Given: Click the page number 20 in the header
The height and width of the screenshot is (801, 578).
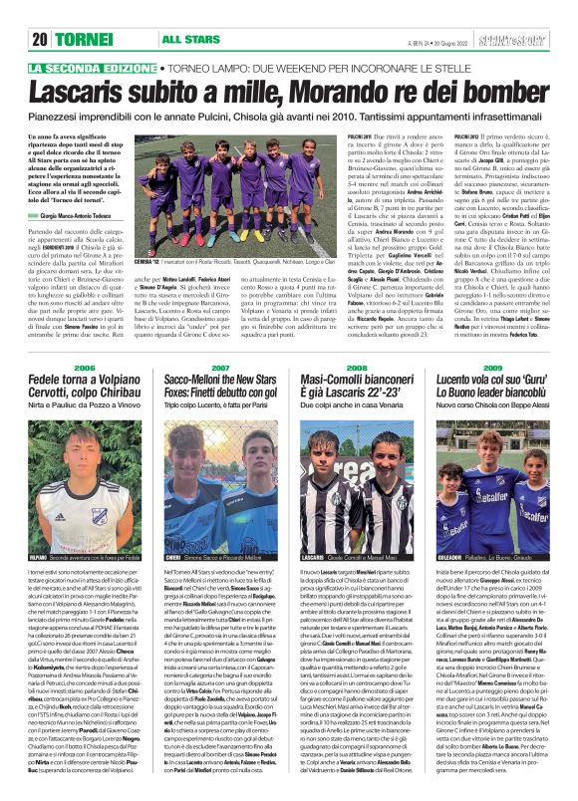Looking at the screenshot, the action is pyautogui.click(x=41, y=12).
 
